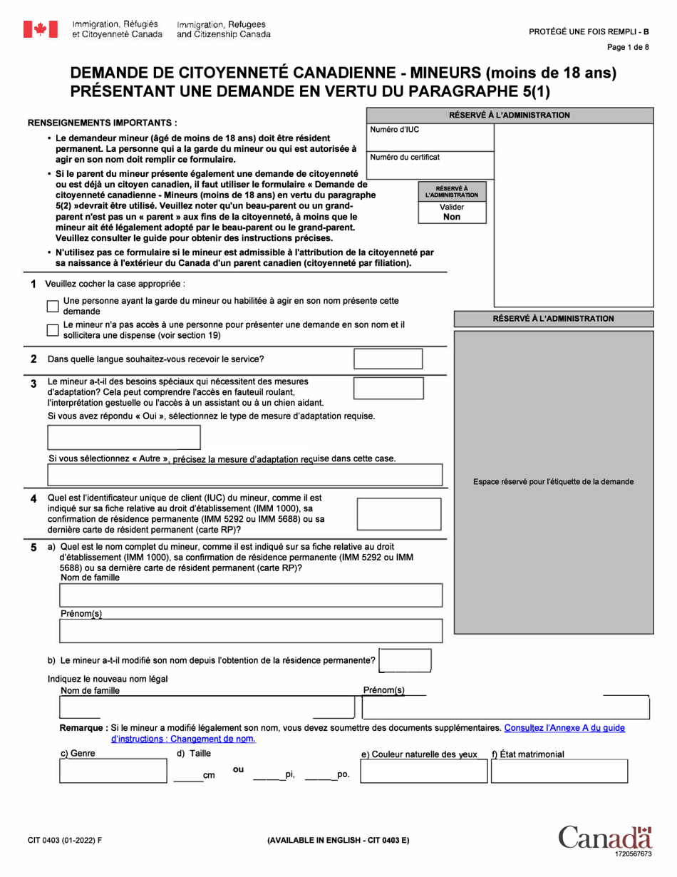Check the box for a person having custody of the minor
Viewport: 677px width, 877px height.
click(x=53, y=306)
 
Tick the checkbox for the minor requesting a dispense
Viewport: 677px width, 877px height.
click(x=53, y=330)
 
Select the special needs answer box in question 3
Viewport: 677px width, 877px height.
click(x=382, y=389)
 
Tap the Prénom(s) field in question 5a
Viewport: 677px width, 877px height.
click(x=251, y=631)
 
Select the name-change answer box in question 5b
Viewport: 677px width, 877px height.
click(x=405, y=661)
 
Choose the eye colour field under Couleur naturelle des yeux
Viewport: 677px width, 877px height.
click(x=423, y=771)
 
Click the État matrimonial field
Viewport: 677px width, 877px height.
click(x=559, y=771)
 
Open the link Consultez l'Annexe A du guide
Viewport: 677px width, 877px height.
click(x=564, y=728)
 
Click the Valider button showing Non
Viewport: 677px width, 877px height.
click(x=452, y=212)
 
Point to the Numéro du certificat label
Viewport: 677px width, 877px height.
click(x=405, y=157)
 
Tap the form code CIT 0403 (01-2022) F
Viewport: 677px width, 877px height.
click(x=65, y=841)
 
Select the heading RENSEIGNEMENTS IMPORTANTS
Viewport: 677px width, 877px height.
click(x=102, y=123)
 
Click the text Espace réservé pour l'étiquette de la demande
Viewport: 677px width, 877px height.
click(x=553, y=482)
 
